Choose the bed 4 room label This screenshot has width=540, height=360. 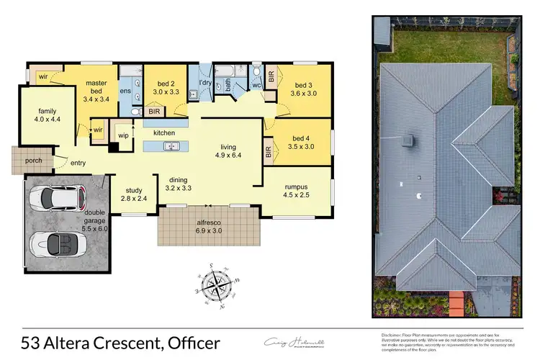pyautogui.click(x=300, y=143)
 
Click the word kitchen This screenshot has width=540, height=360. pyautogui.click(x=165, y=134)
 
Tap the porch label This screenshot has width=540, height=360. pyautogui.click(x=33, y=161)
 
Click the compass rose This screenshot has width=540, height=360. pyautogui.click(x=216, y=286)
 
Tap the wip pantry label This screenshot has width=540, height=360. pyautogui.click(x=123, y=136)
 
